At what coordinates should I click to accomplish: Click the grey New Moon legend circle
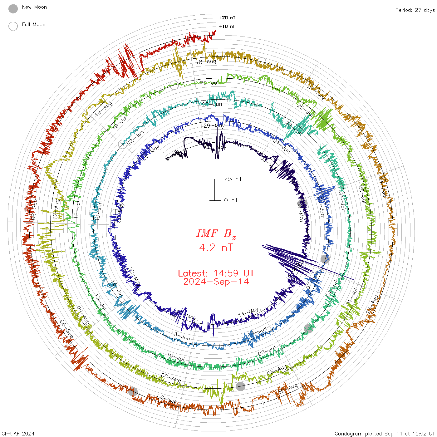(x=13, y=9)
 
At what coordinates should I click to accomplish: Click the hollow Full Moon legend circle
(x=13, y=26)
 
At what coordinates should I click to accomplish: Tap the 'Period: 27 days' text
(x=415, y=10)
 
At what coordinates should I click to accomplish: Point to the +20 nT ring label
(x=227, y=18)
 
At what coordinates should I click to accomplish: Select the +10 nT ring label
(x=227, y=26)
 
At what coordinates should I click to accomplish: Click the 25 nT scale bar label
(x=233, y=179)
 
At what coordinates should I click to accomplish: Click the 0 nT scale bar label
(x=231, y=200)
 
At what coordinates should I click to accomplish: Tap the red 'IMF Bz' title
(x=216, y=233)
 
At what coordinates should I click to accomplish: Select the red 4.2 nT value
(x=216, y=248)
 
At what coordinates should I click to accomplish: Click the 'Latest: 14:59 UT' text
(x=216, y=273)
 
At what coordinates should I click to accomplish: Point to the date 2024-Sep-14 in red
(x=216, y=282)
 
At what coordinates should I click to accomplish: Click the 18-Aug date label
(x=206, y=61)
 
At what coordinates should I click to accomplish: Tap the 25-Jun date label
(x=212, y=104)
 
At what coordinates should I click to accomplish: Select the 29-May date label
(x=214, y=126)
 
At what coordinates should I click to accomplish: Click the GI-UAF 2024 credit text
(x=18, y=434)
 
